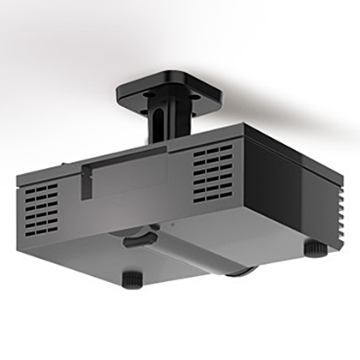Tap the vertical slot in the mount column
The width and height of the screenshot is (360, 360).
point(158,121)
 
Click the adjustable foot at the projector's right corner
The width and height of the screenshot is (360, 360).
point(315,248)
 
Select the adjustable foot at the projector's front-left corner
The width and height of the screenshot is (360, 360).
point(132,279)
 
